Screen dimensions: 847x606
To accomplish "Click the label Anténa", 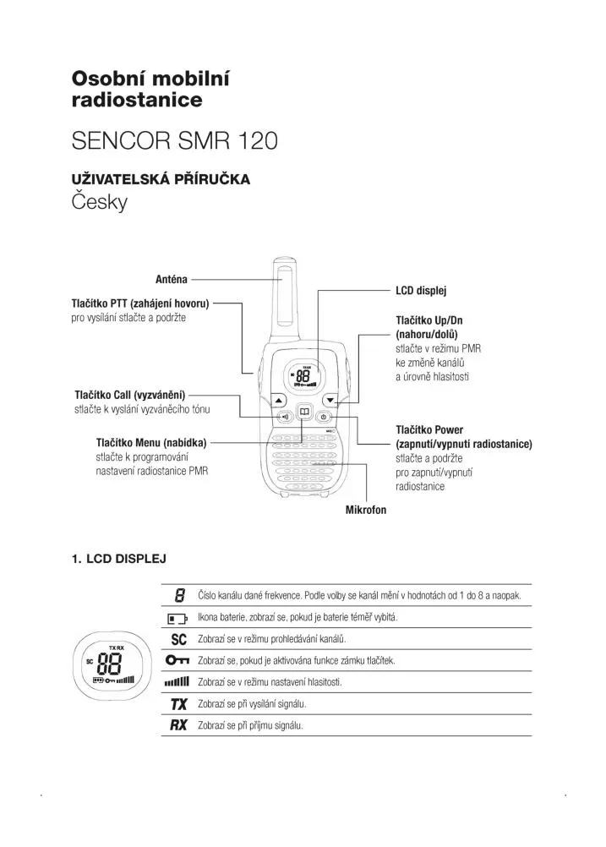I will pos(172,278).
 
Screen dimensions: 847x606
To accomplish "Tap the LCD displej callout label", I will pos(421,290).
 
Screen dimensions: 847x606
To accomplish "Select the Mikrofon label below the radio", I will pos(366,510).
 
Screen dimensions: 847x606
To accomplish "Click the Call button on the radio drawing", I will pos(286,416).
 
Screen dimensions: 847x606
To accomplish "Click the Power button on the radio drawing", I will pos(324,416).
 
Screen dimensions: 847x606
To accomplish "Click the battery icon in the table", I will pos(177,618).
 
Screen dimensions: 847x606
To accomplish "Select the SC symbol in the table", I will pos(178,639).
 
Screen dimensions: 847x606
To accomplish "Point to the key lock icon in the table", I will pos(177,660).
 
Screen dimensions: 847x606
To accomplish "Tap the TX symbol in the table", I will pos(178,703).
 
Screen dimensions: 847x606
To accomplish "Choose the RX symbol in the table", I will pos(178,725).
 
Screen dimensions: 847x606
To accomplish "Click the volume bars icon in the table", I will pos(177,681).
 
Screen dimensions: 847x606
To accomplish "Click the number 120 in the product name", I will pos(253,140).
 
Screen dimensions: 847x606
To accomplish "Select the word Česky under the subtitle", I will pos(100,203).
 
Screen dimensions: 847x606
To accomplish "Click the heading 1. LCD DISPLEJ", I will pos(118,559).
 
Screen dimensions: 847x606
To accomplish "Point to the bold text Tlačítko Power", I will pos(429,430).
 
